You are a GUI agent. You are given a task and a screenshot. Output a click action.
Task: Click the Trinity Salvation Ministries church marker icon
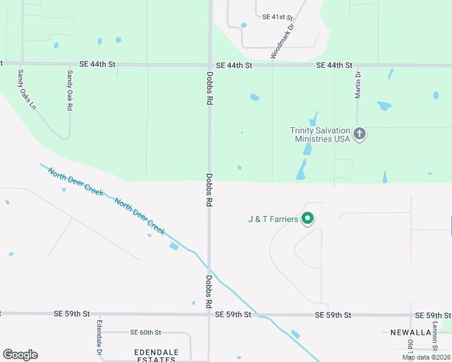click(360, 134)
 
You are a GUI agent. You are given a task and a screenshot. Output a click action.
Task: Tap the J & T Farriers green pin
click(308, 219)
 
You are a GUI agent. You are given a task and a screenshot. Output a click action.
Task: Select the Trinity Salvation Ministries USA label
click(320, 134)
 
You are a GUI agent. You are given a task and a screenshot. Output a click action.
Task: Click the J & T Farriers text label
click(273, 219)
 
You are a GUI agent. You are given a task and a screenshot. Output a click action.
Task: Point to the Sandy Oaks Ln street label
click(27, 89)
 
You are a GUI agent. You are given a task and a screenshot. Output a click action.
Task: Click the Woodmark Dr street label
click(282, 40)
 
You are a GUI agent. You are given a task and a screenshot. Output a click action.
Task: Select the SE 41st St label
click(277, 17)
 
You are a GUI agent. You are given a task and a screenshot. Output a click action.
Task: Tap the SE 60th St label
click(146, 332)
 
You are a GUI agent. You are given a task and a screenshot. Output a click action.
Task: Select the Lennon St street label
click(434, 335)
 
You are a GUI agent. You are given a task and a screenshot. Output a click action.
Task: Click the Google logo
click(20, 354)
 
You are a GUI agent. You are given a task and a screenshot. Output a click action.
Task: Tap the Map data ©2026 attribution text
click(426, 357)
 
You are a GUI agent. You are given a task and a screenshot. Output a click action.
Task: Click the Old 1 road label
click(410, 347)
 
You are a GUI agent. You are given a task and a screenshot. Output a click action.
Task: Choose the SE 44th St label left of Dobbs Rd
click(98, 63)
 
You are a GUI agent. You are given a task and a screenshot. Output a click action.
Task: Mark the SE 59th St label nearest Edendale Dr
click(71, 314)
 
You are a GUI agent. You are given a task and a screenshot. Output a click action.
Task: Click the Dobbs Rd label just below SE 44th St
click(210, 88)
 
